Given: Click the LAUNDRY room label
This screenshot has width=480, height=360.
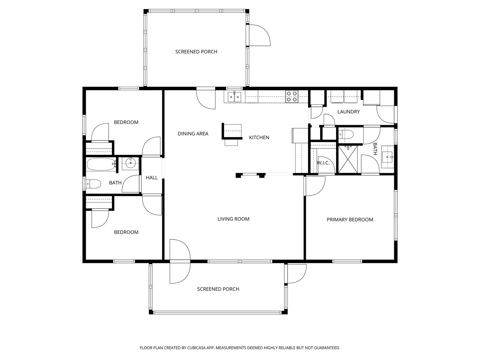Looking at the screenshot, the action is coord(348,112).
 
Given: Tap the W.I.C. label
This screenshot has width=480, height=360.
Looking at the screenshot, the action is coord(323,163).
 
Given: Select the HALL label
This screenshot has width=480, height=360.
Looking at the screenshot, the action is coord(151,178).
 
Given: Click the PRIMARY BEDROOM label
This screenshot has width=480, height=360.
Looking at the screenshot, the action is coord(350,220).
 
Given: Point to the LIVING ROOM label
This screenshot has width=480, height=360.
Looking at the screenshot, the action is coord(233,219).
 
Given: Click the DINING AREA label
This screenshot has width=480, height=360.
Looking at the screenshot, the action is coord(193,134).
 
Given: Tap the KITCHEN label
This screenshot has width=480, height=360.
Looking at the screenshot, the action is coord(259,137).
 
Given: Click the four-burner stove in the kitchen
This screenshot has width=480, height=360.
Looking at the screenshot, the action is coord(292,97).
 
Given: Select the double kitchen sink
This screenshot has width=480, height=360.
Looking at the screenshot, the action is coord(234,97).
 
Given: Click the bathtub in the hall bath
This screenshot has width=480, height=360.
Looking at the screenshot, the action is coord(101,164).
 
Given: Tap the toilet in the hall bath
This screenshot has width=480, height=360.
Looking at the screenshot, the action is coord(94,184).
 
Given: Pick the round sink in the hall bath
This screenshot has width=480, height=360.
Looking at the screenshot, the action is coord(130,163).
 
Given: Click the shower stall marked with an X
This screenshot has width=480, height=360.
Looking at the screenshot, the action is coord(348,159).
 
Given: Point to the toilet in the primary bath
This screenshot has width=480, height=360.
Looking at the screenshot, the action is coord(346,135).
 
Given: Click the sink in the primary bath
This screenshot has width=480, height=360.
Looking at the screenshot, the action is coord(388,157).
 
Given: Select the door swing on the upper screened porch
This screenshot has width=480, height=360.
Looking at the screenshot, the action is coord(260,35).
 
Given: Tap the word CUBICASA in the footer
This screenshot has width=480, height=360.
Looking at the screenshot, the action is coord(196,347).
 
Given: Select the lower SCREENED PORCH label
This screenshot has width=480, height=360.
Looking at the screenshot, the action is coord(218,289).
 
